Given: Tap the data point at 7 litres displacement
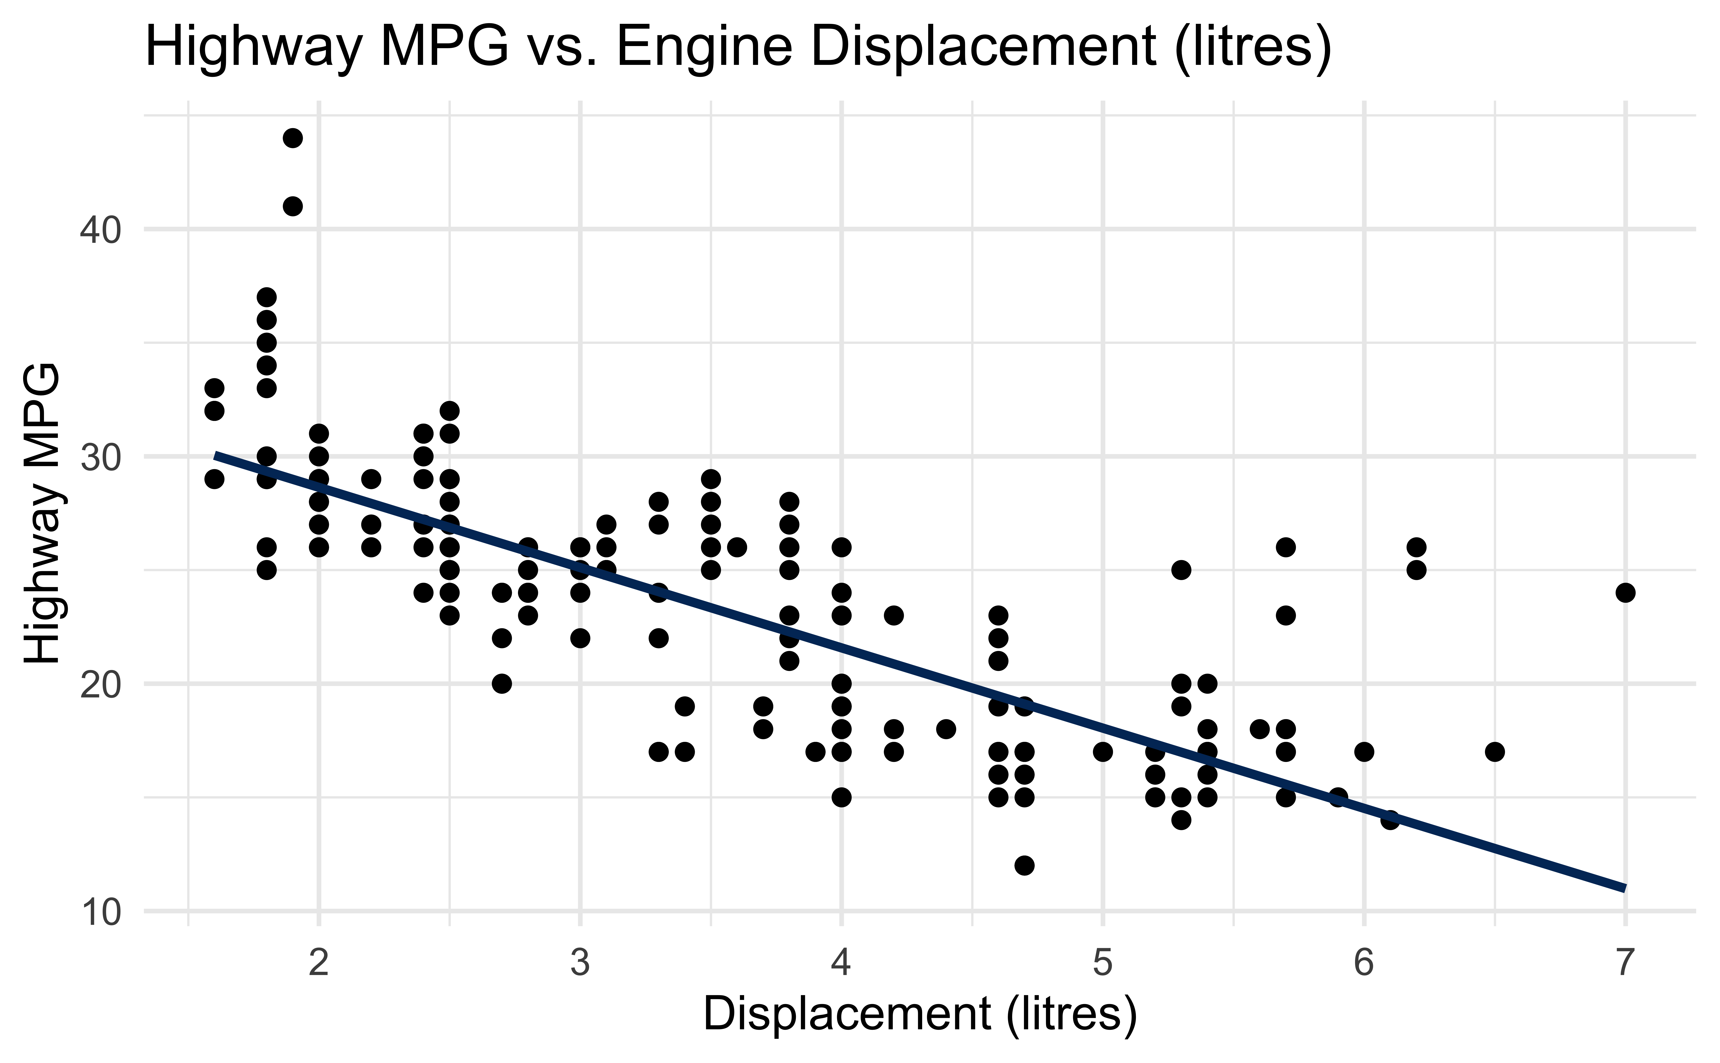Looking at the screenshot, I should point(1625,593).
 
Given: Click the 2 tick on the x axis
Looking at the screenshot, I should point(319,963).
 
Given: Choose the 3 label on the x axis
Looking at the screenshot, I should point(580,963).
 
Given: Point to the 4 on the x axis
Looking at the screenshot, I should point(841,963).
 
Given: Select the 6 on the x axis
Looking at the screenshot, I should point(1364,963).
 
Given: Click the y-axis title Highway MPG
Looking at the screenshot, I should point(42,513).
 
